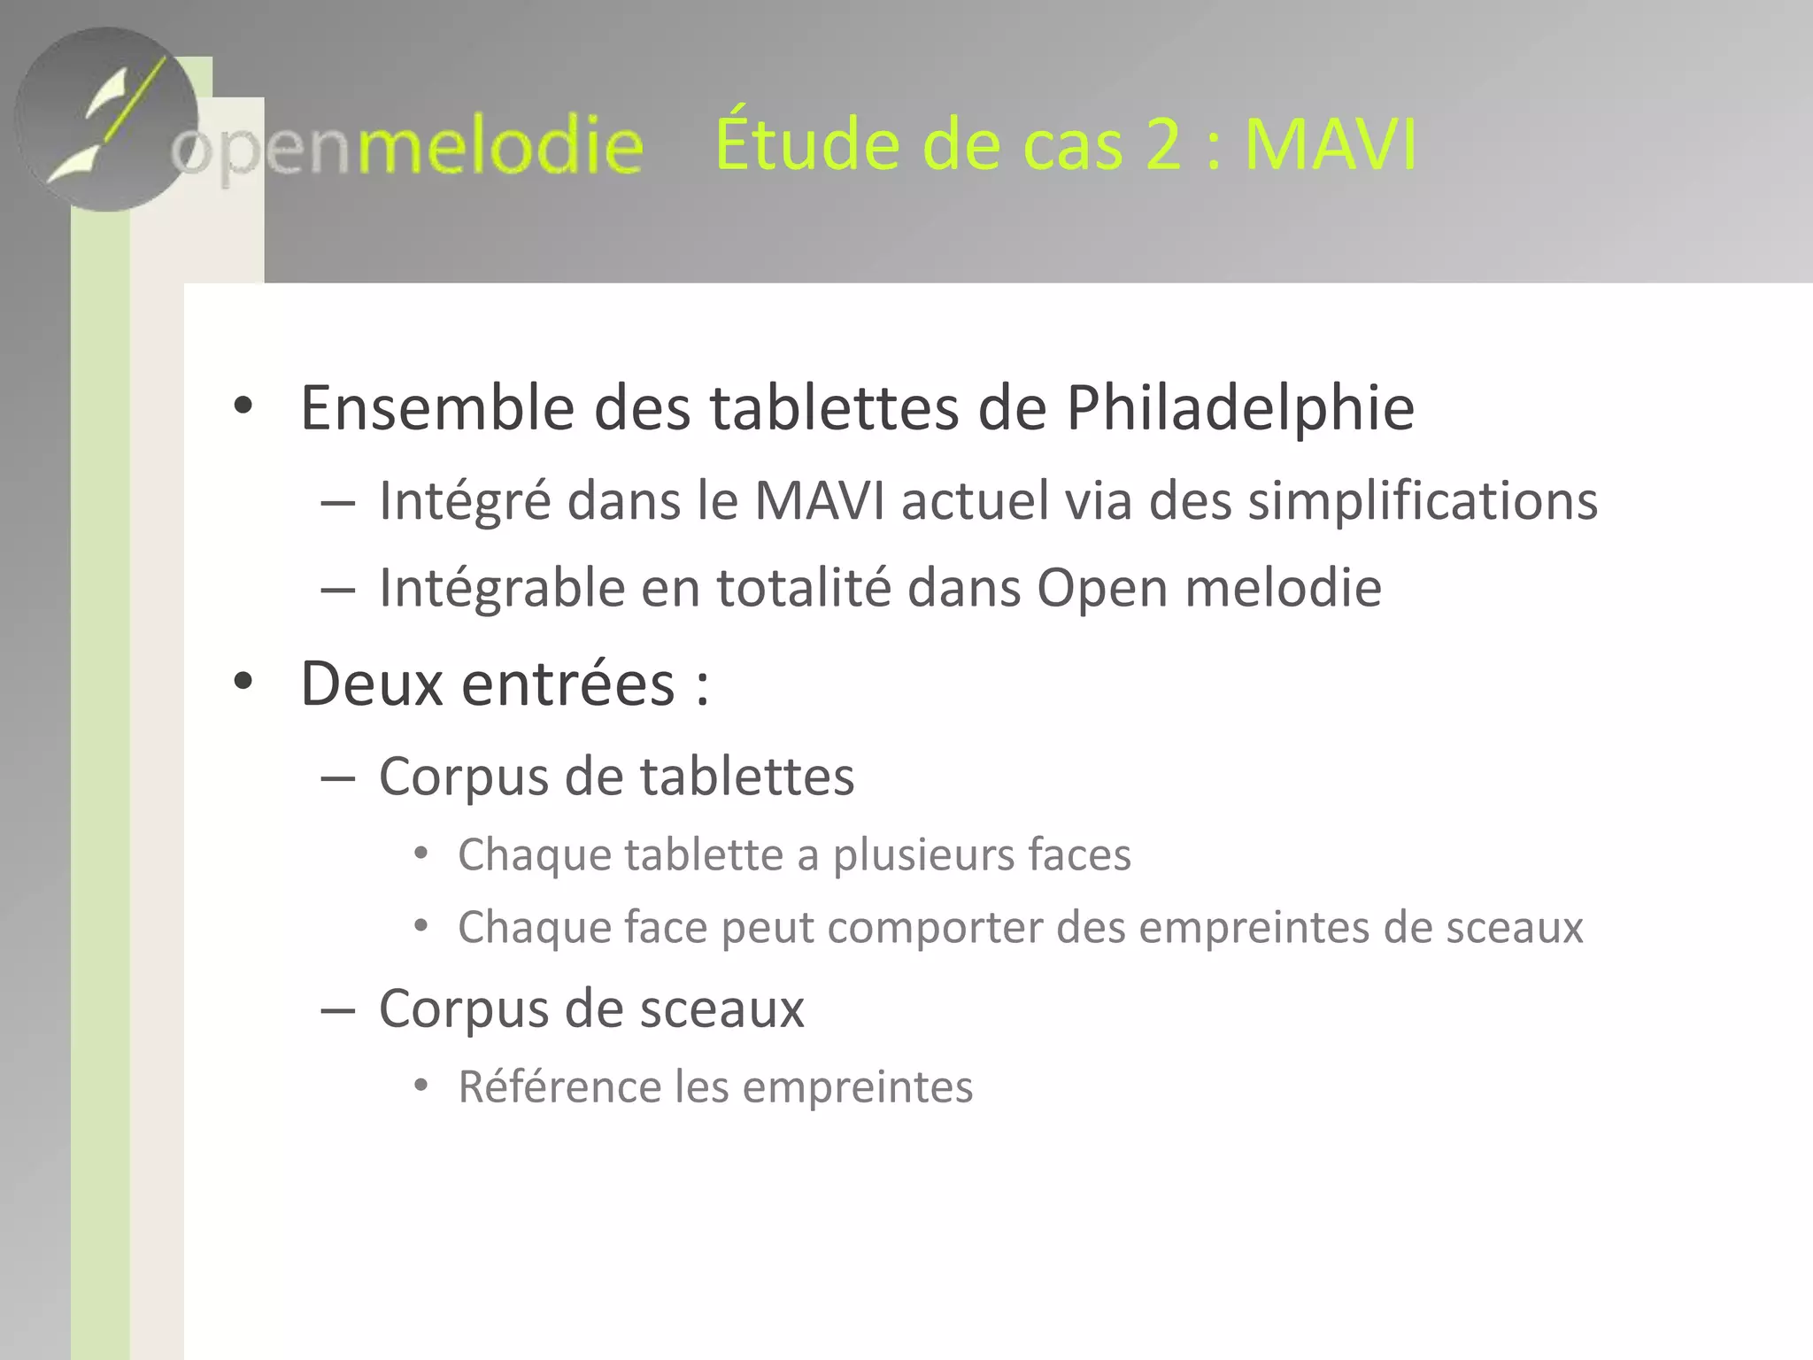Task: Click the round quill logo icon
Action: (106, 120)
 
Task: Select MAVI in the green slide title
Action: (1330, 143)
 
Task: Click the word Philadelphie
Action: (1239, 408)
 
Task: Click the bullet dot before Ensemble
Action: (243, 408)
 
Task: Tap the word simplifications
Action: (1423, 501)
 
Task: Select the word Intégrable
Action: (502, 588)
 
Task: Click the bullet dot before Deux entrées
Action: (243, 683)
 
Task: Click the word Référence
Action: (559, 1086)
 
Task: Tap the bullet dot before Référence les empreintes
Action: (421, 1086)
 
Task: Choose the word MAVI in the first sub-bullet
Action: (819, 501)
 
